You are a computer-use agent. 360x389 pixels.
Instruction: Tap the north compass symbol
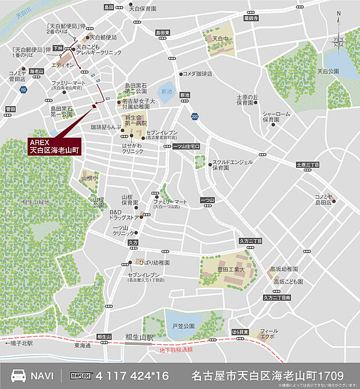click(339, 35)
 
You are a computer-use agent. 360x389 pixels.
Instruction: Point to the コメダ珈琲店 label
click(198, 74)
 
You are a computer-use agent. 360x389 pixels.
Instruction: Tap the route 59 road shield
click(23, 89)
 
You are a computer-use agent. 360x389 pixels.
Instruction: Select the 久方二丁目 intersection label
click(250, 240)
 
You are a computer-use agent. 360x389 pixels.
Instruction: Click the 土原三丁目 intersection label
click(308, 165)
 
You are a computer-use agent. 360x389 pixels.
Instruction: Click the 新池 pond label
click(167, 92)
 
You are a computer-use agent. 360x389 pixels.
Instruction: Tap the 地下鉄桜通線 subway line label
click(175, 350)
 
